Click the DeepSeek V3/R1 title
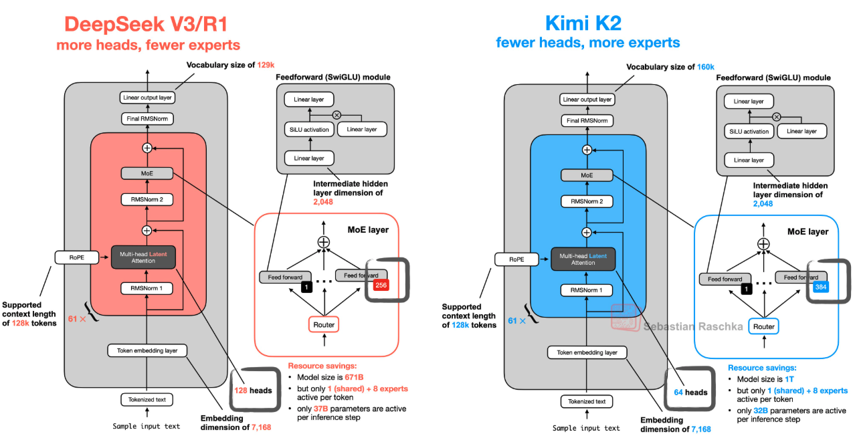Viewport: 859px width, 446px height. coord(146,24)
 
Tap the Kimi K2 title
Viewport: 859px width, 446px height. coord(583,23)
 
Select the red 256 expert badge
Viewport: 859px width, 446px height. coord(381,285)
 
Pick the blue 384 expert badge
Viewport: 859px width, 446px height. coord(821,287)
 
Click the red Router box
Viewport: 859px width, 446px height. coord(324,324)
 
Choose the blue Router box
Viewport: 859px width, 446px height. coord(763,326)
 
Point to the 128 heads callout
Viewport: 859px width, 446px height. coord(253,391)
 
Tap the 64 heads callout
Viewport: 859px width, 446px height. coord(690,393)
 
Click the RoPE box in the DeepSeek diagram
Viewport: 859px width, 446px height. coord(77,257)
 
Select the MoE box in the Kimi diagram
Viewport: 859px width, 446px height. coord(587,175)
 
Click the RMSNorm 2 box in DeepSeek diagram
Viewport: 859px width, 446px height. coord(147,200)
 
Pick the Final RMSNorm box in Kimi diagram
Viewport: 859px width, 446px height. coord(587,121)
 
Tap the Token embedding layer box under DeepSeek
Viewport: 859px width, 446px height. coord(147,350)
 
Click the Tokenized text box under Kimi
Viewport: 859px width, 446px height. coord(587,402)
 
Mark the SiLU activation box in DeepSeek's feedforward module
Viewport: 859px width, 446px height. coord(309,130)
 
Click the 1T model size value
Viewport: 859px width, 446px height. coord(789,379)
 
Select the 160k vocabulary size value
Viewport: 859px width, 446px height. coord(706,67)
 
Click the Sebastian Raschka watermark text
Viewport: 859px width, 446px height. coord(693,326)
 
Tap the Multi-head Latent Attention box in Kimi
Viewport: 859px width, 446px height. coord(583,259)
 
